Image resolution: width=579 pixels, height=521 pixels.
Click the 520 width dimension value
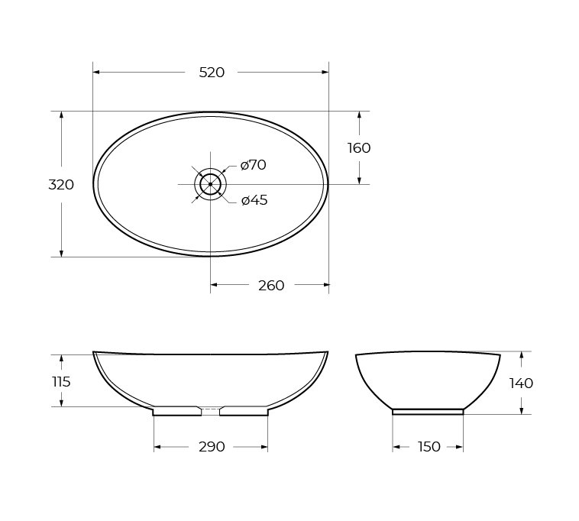pyautogui.click(x=212, y=73)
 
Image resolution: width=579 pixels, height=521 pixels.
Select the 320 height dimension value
pyautogui.click(x=61, y=185)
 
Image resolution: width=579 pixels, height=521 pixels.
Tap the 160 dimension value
pyautogui.click(x=359, y=148)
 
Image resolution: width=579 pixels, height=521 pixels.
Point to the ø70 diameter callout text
pyautogui.click(x=253, y=165)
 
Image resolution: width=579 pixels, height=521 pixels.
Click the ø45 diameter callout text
pyautogui.click(x=254, y=200)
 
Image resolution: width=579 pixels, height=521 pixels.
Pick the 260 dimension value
pyautogui.click(x=271, y=286)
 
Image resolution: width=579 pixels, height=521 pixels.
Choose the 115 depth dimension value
pyautogui.click(x=61, y=382)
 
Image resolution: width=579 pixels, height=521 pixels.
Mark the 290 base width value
pyautogui.click(x=212, y=447)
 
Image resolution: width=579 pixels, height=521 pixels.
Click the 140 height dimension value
pyautogui.click(x=521, y=383)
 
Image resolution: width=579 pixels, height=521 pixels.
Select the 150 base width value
pyautogui.click(x=429, y=447)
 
